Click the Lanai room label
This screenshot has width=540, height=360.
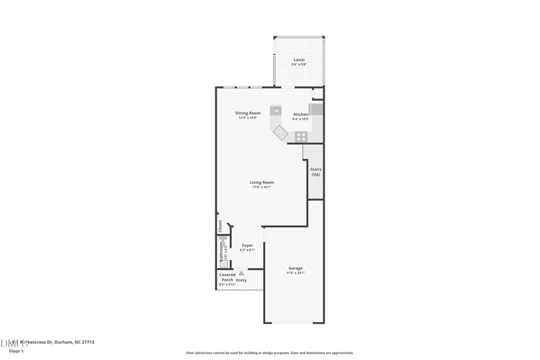pyautogui.click(x=298, y=59)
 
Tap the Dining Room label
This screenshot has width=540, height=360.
pyautogui.click(x=248, y=113)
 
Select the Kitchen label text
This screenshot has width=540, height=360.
pyautogui.click(x=300, y=114)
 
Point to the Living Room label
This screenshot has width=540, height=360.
pyautogui.click(x=261, y=182)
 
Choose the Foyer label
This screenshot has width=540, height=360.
pyautogui.click(x=248, y=245)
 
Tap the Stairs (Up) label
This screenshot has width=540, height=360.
pyautogui.click(x=315, y=172)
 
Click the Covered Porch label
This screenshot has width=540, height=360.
pyautogui.click(x=227, y=277)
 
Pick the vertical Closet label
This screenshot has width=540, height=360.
pyautogui.click(x=220, y=226)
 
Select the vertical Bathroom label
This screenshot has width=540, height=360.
pyautogui.click(x=220, y=253)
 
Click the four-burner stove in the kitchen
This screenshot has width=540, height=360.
pyautogui.click(x=301, y=136)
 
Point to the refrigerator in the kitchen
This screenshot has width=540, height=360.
pyautogui.click(x=316, y=109)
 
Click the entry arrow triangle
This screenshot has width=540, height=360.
pyautogui.click(x=241, y=274)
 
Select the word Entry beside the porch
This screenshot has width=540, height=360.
pyautogui.click(x=241, y=280)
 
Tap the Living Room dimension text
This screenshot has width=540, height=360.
pyautogui.click(x=261, y=187)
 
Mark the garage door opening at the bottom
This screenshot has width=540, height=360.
pyautogui.click(x=296, y=323)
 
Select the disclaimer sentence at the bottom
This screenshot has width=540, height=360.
pyautogui.click(x=269, y=353)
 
